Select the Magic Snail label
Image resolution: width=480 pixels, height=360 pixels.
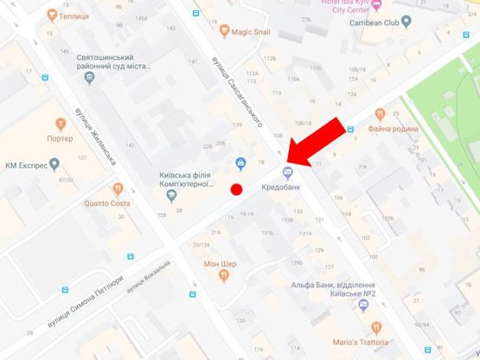point(253,32)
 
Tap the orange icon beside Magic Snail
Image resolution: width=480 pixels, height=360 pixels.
point(223,32)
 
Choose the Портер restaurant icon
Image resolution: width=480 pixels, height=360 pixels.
point(60,124)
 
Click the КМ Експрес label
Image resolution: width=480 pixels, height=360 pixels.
point(24,164)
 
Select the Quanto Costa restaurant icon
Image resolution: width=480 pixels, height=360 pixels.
point(116,188)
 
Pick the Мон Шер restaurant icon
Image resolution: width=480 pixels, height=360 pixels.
point(224,276)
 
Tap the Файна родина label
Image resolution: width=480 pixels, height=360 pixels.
point(393,130)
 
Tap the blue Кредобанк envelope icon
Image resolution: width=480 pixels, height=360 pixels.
point(288,171)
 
